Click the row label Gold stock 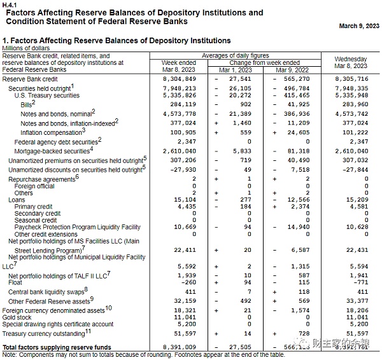click(x=17, y=316)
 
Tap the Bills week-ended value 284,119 click(x=183, y=104)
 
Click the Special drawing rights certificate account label click(x=58, y=323)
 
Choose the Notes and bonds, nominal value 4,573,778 click(x=179, y=113)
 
